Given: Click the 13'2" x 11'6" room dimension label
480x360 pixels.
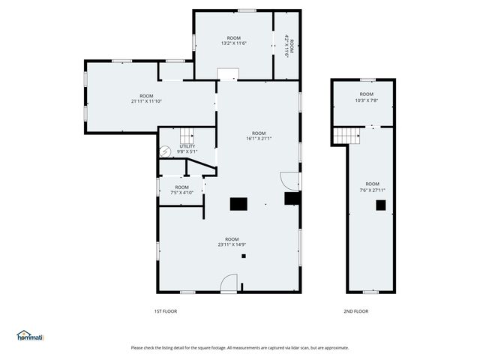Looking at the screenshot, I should (x=234, y=40).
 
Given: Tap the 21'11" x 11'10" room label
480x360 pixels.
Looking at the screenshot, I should (x=146, y=99).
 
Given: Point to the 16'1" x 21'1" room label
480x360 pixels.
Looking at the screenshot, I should (x=259, y=136).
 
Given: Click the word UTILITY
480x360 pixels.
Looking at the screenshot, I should (x=187, y=147).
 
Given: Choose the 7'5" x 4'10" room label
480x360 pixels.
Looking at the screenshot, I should (x=182, y=190).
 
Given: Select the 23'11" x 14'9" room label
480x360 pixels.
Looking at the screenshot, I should (x=232, y=241).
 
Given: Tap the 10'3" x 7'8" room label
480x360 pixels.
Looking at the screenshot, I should (x=367, y=97).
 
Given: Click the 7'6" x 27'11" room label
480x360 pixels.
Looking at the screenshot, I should (x=372, y=187).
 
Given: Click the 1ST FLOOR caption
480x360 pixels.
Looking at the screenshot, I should (x=165, y=311).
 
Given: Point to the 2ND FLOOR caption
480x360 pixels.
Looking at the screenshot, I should (x=356, y=311).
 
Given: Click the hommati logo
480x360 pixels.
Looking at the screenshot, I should (x=30, y=335).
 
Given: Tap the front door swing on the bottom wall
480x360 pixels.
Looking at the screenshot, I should (x=229, y=283).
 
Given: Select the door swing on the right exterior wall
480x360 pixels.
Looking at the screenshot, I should (x=289, y=181).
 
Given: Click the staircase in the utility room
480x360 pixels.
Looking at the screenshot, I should (x=187, y=136).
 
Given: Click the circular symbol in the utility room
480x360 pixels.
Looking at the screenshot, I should (x=165, y=151).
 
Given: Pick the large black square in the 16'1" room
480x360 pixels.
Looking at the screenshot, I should (x=238, y=202).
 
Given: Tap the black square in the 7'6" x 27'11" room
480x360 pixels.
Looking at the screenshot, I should (x=380, y=204).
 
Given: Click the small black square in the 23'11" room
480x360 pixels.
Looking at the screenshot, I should (x=244, y=256).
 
